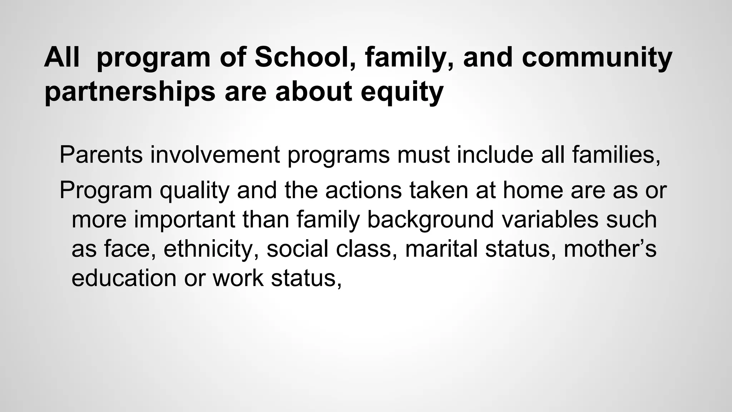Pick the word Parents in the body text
101,154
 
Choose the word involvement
215,154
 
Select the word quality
194,190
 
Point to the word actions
363,190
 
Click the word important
184,219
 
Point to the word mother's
610,249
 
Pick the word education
124,278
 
